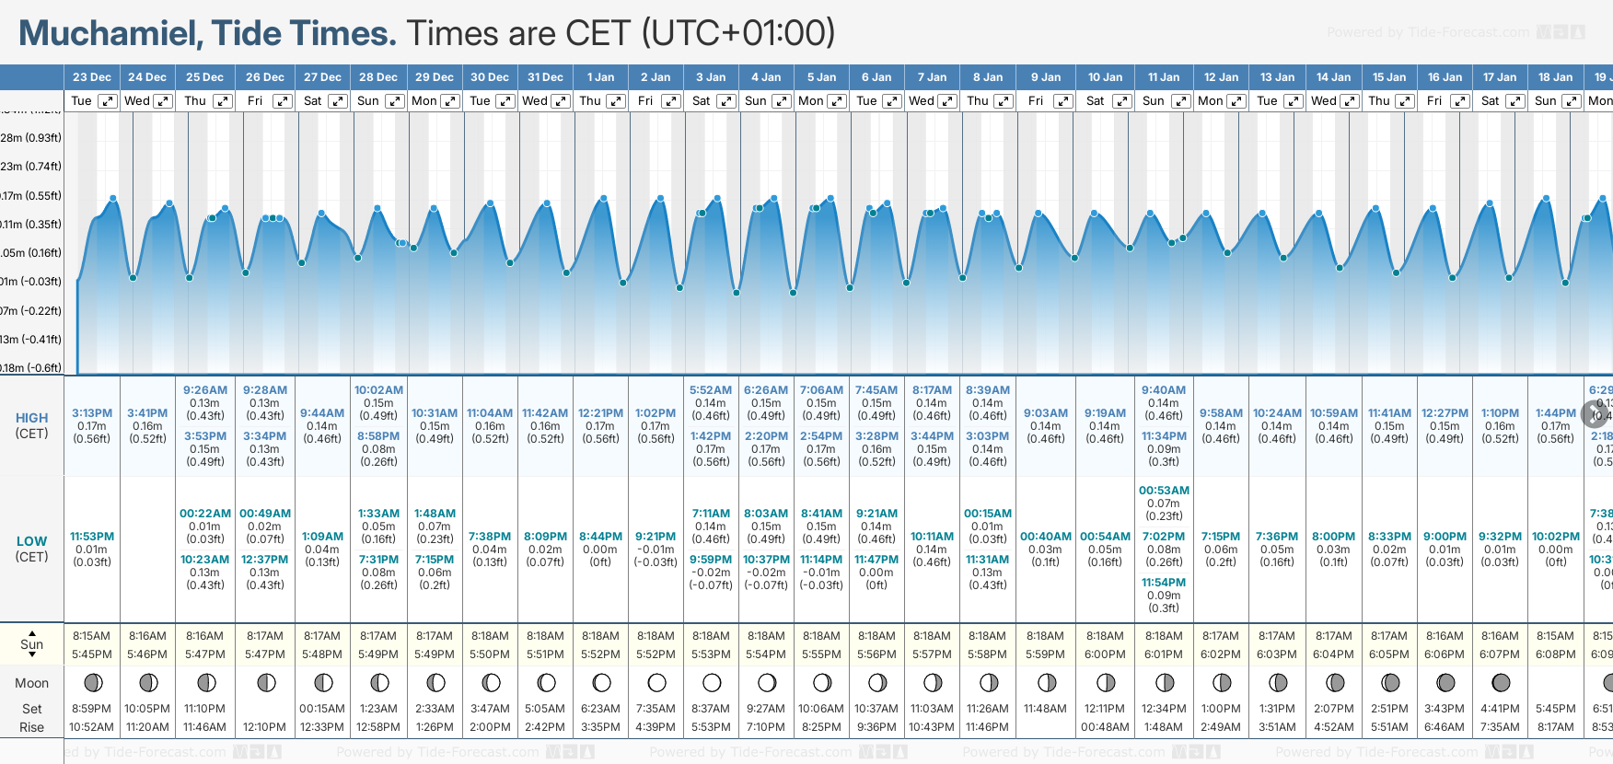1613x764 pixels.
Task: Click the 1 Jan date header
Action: pos(600,77)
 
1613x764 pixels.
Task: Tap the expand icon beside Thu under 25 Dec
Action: pos(223,101)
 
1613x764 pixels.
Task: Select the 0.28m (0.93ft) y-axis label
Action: pos(31,138)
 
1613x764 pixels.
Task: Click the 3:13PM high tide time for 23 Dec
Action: pos(92,413)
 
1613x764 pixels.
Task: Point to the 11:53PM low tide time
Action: pos(92,537)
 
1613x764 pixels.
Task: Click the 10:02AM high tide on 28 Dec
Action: pos(378,390)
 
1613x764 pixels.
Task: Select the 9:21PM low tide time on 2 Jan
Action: pos(656,537)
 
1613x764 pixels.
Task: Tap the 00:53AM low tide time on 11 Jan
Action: pos(1164,491)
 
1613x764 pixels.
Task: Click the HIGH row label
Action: pos(31,418)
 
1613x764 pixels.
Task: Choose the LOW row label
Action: pos(31,541)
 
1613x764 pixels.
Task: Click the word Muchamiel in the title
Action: pos(110,34)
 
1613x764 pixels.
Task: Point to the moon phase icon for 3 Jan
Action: pos(712,683)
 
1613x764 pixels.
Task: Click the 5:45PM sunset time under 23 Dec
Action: pos(92,654)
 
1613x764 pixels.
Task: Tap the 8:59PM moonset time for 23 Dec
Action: pos(92,709)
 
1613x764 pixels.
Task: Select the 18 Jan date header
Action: pos(1555,77)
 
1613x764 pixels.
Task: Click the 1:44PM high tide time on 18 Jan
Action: pos(1555,413)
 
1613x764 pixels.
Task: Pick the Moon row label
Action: pos(31,683)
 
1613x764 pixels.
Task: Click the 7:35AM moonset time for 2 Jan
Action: pos(656,709)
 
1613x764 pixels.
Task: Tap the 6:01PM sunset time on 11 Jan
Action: pos(1164,654)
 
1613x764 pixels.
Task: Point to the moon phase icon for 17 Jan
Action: pos(1501,683)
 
